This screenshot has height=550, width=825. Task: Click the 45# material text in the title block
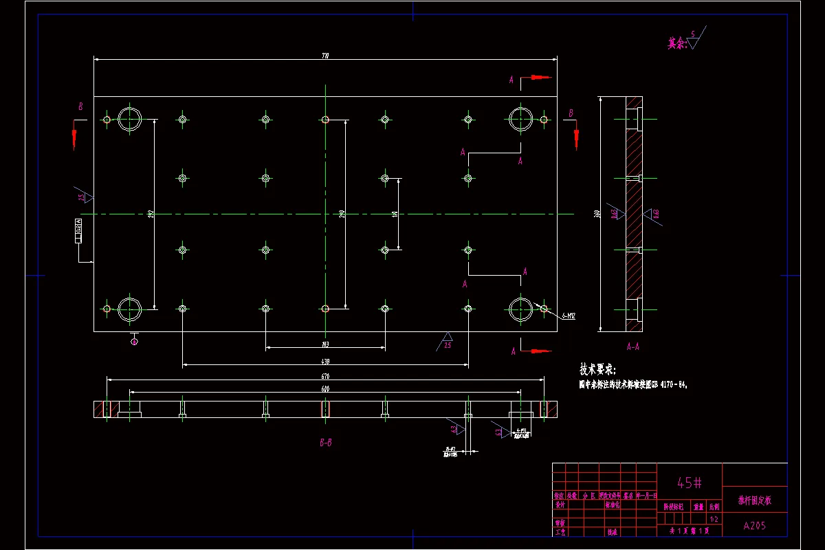tap(690, 483)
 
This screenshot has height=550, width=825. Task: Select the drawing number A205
tap(755, 526)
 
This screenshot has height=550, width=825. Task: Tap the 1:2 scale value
tap(714, 519)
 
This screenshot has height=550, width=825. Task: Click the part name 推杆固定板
tap(754, 500)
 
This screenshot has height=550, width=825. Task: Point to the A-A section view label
tap(632, 346)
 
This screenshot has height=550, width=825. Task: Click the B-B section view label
tap(326, 443)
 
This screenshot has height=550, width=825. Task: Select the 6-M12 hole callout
tap(567, 316)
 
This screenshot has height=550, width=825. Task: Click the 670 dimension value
tap(325, 376)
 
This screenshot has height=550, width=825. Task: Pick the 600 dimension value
tap(325, 389)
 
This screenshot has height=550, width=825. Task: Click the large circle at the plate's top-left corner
tap(129, 119)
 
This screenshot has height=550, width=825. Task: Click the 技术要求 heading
tap(598, 368)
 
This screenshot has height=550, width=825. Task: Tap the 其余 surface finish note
tap(676, 43)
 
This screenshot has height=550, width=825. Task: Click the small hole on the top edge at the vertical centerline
tap(325, 120)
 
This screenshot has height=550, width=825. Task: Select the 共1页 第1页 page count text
tap(690, 531)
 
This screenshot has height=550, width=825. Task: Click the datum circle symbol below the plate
tap(134, 341)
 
